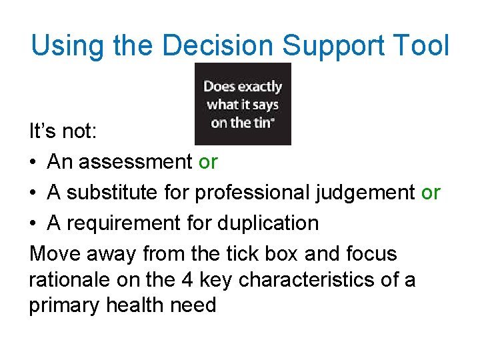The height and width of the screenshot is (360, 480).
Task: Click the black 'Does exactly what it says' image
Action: pyautogui.click(x=243, y=104)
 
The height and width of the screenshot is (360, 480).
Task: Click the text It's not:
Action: pyautogui.click(x=63, y=131)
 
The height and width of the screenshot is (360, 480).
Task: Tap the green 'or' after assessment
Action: pyautogui.click(x=208, y=162)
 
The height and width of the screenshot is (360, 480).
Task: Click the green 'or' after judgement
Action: pyautogui.click(x=431, y=193)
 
